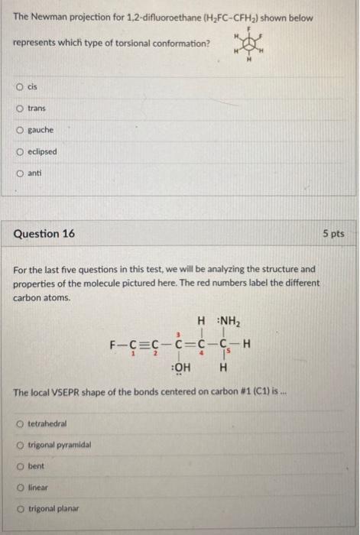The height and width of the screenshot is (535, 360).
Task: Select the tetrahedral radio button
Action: (x=20, y=423)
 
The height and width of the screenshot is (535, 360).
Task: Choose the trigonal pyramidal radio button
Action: (x=20, y=444)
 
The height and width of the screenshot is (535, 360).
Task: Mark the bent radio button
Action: (x=20, y=465)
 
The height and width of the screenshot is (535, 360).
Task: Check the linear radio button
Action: (x=20, y=487)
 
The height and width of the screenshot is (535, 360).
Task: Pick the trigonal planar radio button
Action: (x=20, y=508)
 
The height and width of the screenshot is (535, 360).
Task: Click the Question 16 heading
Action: (x=44, y=234)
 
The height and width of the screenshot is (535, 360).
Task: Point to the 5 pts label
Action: (x=333, y=234)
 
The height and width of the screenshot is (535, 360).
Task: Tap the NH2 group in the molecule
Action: (x=229, y=320)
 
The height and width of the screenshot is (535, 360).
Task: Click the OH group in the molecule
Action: (x=180, y=365)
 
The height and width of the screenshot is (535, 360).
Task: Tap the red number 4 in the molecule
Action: (x=200, y=353)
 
